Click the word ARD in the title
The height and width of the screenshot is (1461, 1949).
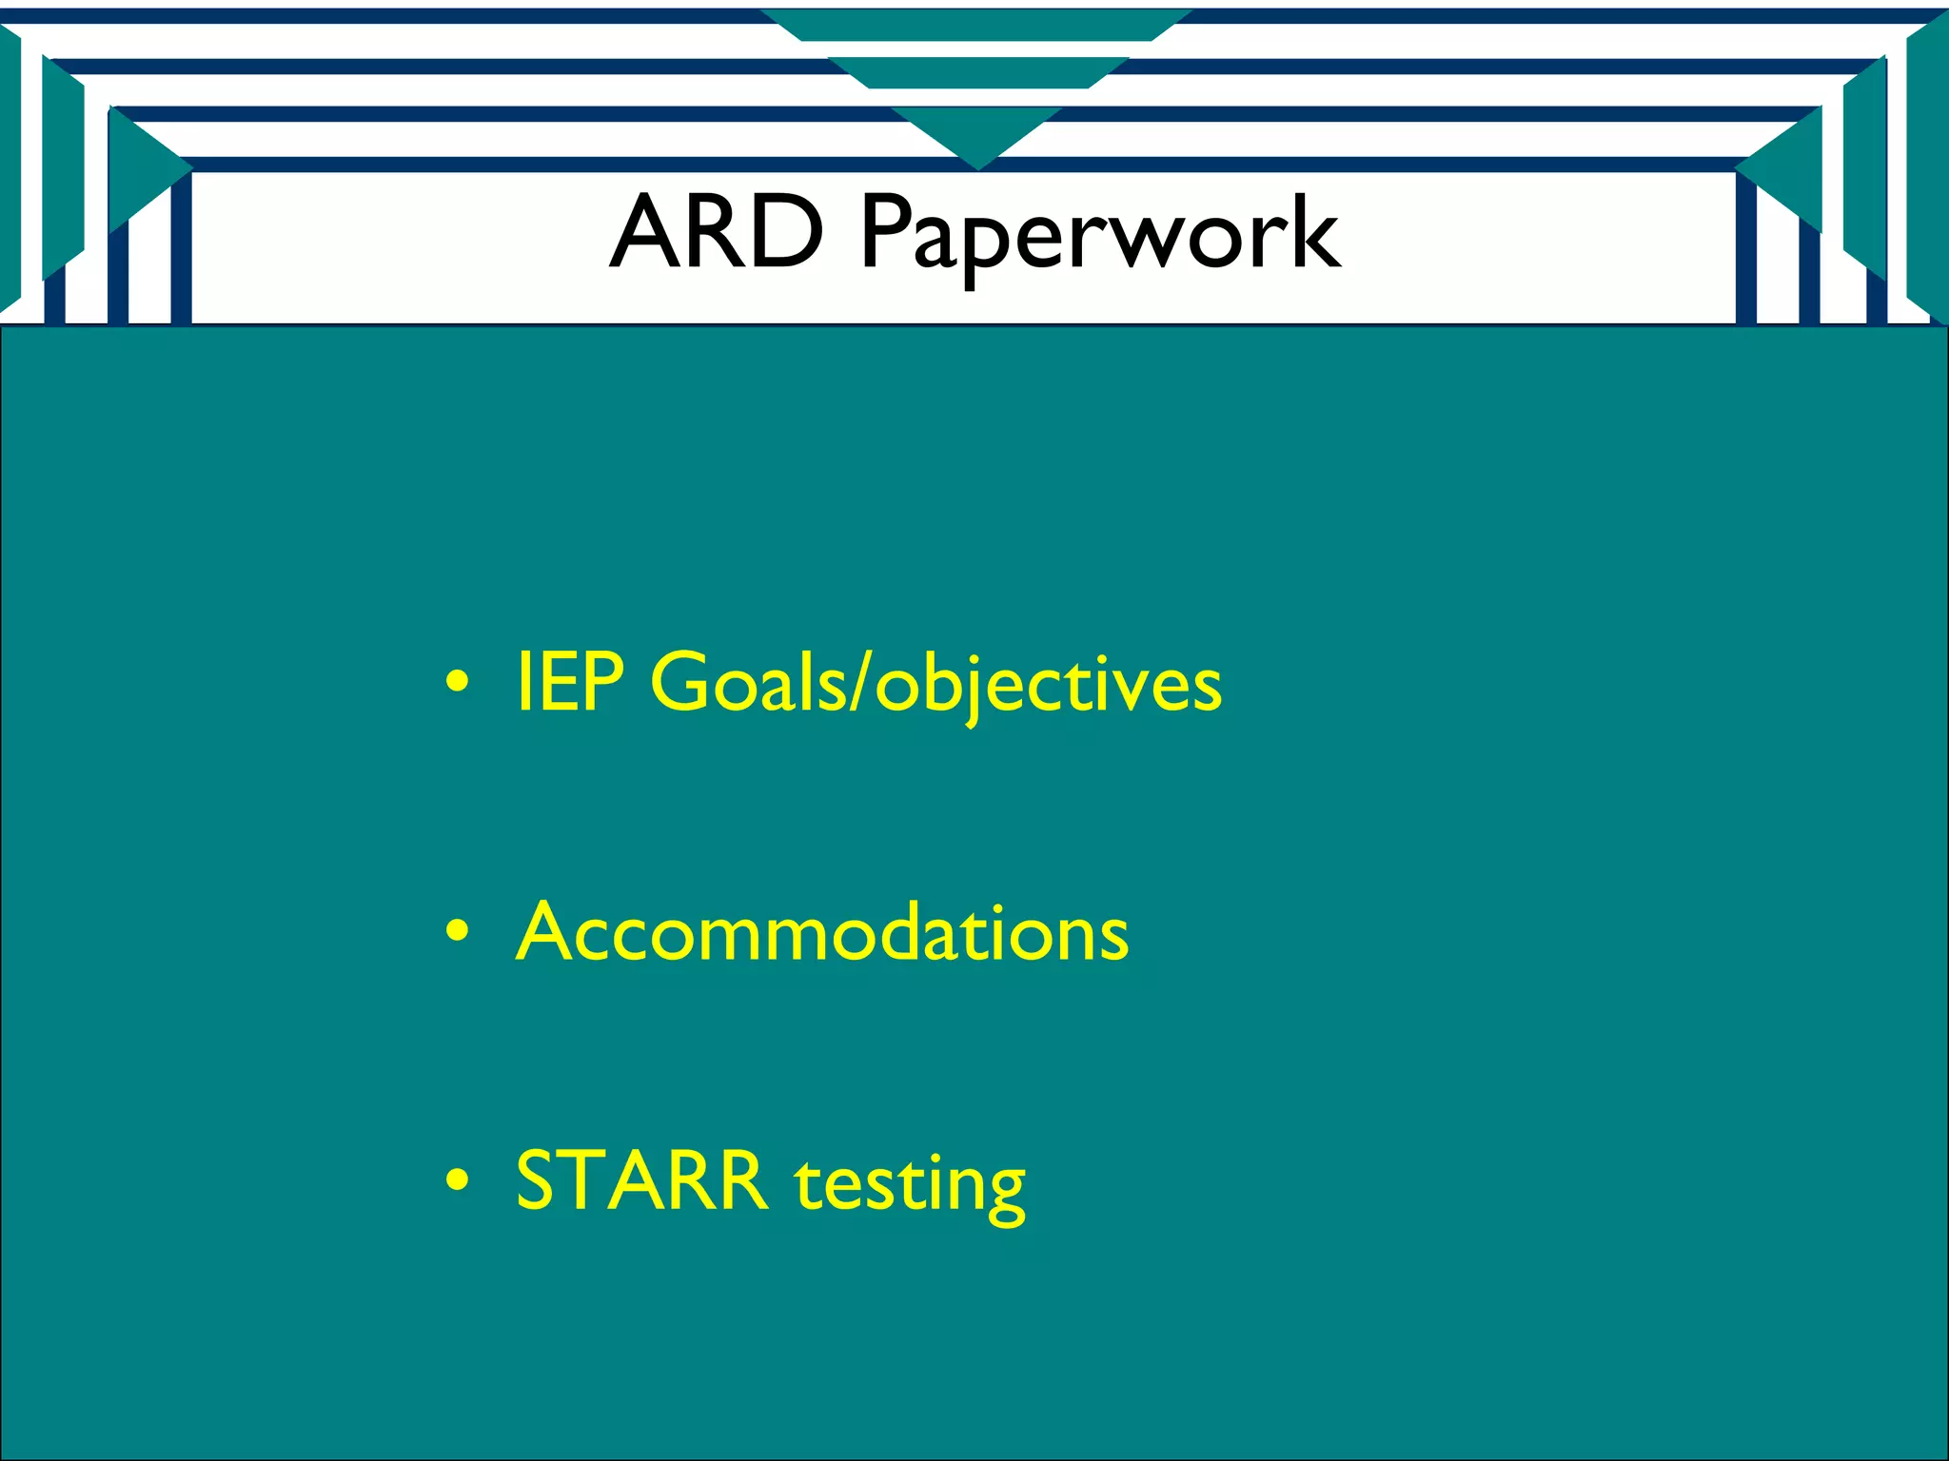[716, 231]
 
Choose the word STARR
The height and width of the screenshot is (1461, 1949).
[641, 1180]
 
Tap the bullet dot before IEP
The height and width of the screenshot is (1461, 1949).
[458, 682]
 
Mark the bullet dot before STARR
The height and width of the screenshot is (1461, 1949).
[458, 1180]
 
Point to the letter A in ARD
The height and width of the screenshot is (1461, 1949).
[646, 231]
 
